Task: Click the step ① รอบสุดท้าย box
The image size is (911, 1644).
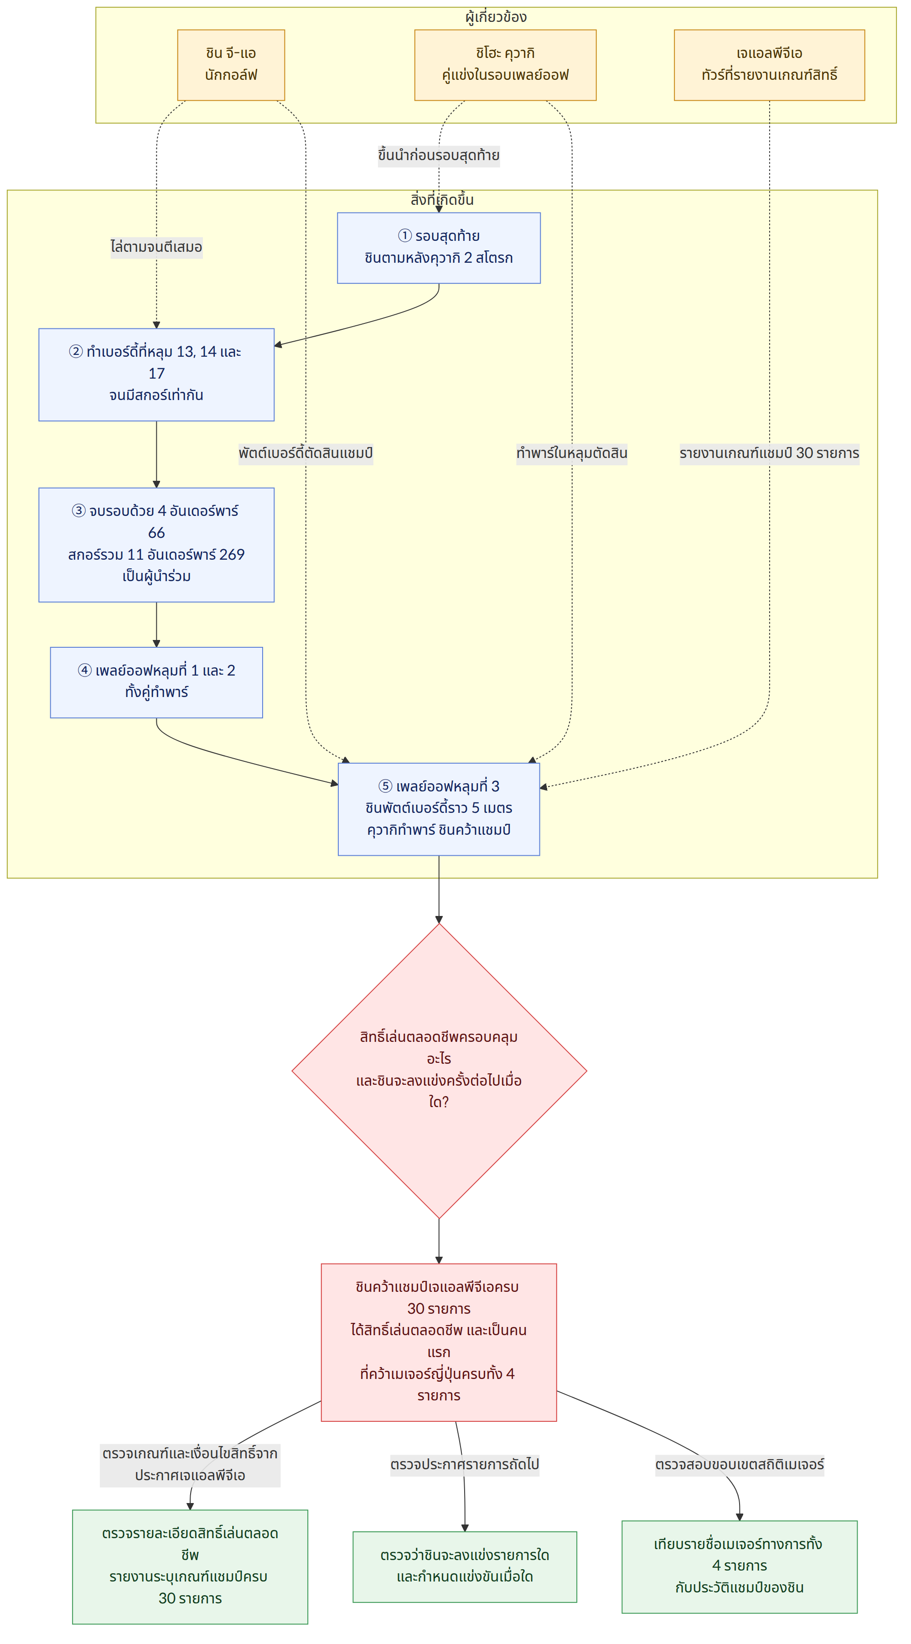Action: [439, 248]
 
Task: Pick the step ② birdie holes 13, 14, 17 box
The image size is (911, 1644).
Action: [156, 375]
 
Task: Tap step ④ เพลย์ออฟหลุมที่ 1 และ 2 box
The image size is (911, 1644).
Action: [156, 682]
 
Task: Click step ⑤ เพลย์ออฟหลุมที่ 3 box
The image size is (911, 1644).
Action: [439, 809]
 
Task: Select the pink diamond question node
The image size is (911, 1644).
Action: [439, 1071]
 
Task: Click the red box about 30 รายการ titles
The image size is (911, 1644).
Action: [439, 1342]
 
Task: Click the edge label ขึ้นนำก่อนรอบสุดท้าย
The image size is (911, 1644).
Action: [439, 155]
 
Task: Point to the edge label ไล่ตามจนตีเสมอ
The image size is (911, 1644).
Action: [156, 247]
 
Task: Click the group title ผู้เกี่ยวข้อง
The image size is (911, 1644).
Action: [497, 17]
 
